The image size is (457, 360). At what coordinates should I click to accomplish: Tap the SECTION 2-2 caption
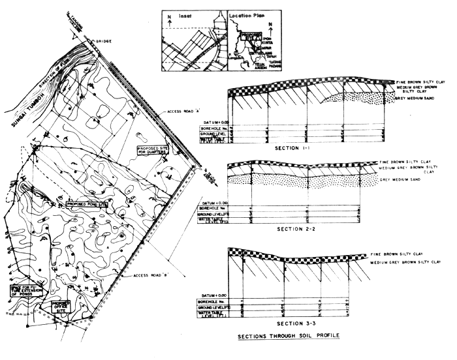(298, 229)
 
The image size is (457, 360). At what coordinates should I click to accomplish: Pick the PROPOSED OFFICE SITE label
(61, 306)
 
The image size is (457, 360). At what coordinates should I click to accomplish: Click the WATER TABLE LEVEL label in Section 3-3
(213, 315)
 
